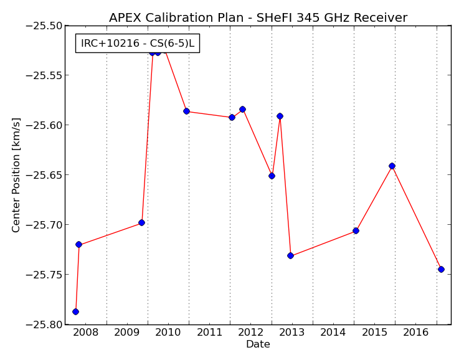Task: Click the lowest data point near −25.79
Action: point(76,311)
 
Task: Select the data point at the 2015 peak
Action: point(392,166)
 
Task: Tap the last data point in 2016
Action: point(441,269)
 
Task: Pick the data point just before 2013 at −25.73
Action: point(291,255)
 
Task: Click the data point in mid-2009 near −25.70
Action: point(142,222)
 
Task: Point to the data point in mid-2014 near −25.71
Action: point(356,230)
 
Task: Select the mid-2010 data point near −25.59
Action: point(186,111)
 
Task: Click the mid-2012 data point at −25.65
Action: point(272,176)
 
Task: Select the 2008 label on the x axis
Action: point(85,332)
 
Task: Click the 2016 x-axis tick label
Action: point(416,332)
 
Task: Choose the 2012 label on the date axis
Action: point(250,332)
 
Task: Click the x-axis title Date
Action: point(258,344)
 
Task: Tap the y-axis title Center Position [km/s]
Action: point(16,175)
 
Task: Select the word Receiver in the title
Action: point(381,17)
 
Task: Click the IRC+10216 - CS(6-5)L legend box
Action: point(138,43)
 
